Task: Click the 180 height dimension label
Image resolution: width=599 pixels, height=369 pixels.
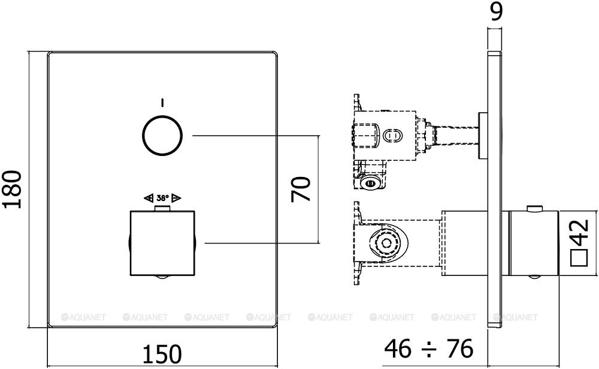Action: [x=13, y=189]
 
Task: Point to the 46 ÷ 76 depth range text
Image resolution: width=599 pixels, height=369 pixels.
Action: [x=428, y=347]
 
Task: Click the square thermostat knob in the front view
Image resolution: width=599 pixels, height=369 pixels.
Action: [x=162, y=243]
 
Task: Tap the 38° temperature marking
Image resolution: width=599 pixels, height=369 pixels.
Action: [x=162, y=197]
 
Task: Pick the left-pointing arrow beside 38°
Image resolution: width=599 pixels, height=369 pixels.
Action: [x=148, y=197]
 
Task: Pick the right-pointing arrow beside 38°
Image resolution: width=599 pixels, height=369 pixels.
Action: [x=176, y=197]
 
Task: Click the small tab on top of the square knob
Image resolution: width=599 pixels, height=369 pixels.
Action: [x=162, y=208]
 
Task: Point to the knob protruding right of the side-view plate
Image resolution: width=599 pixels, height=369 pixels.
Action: [x=532, y=243]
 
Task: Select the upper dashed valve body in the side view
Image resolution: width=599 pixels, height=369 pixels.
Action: [x=383, y=136]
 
